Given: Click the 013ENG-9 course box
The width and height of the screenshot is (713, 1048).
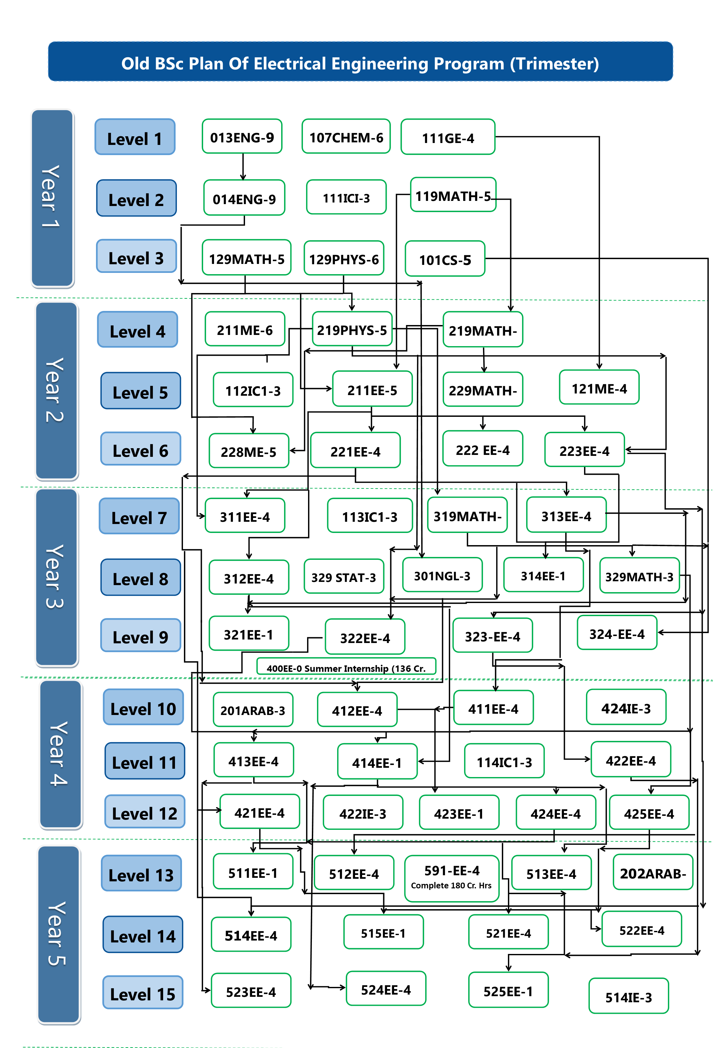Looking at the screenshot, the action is point(242,136).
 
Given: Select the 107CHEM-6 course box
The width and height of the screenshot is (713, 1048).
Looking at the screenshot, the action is point(346,136).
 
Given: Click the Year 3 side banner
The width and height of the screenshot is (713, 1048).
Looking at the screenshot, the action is point(56,577).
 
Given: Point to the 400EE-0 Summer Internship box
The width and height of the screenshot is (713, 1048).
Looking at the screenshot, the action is point(346,666).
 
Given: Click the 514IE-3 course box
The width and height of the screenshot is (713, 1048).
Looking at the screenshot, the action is point(628,996).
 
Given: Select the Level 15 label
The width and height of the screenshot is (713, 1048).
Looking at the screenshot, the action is point(143,993).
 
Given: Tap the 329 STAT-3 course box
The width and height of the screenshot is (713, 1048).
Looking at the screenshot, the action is point(344,576).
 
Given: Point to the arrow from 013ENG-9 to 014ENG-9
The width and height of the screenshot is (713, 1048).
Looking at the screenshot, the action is point(243,167).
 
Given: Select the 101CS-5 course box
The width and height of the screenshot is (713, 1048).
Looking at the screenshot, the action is point(445,259).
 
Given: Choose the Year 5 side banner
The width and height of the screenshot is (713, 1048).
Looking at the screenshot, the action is point(59,935).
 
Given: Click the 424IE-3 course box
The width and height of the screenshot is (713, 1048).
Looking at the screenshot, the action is point(626,707).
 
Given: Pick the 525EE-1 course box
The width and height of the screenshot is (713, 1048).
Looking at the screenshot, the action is point(508,990).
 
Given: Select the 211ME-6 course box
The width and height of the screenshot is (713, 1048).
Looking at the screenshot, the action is point(245,329).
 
